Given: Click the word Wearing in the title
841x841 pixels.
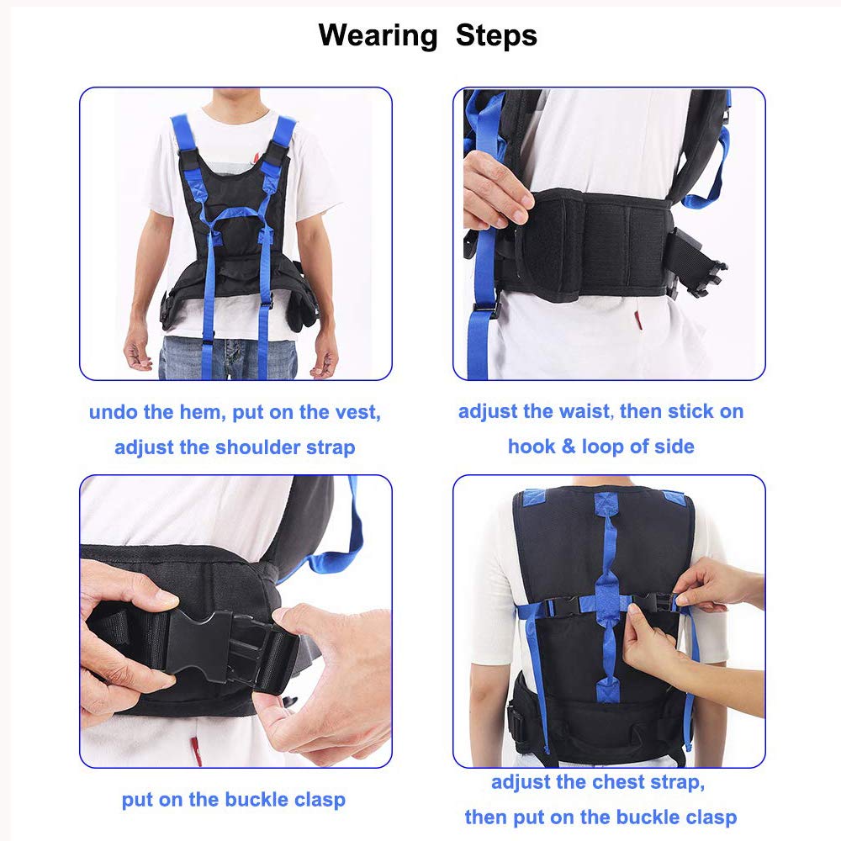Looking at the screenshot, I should (378, 35).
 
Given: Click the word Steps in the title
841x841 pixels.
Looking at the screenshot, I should (496, 35).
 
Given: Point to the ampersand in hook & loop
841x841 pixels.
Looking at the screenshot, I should (569, 446).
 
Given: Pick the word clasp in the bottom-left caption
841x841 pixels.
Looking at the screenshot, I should (318, 799).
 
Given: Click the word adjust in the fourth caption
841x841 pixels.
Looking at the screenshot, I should (519, 782).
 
